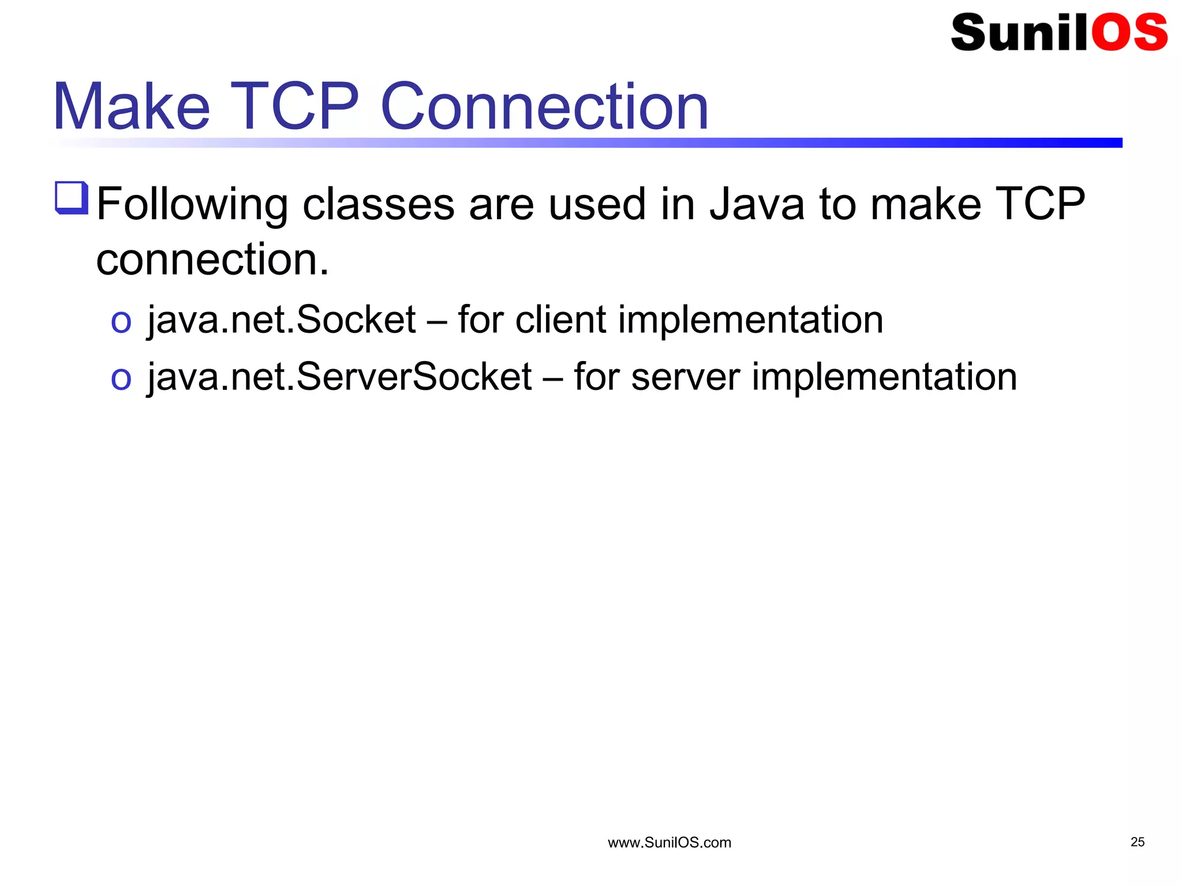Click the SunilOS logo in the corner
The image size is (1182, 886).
[1058, 33]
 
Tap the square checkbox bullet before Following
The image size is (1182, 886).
[72, 198]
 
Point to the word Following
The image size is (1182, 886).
[192, 205]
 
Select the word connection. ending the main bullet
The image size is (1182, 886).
[212, 260]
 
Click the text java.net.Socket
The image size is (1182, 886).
[282, 320]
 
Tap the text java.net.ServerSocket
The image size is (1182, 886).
[339, 377]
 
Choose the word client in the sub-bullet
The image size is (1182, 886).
[560, 320]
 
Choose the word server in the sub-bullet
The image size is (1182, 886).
[685, 377]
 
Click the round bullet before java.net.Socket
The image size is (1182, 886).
[121, 322]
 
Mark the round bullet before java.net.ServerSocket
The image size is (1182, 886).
[121, 379]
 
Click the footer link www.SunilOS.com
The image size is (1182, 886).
[669, 843]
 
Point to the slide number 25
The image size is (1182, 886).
[1138, 842]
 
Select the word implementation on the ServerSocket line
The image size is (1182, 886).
[884, 377]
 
